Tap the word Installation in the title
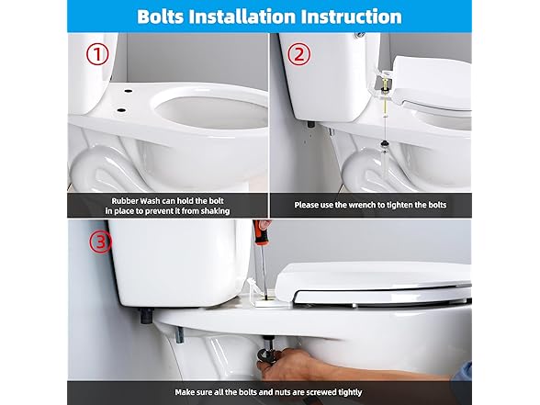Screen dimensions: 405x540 [254, 17]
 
